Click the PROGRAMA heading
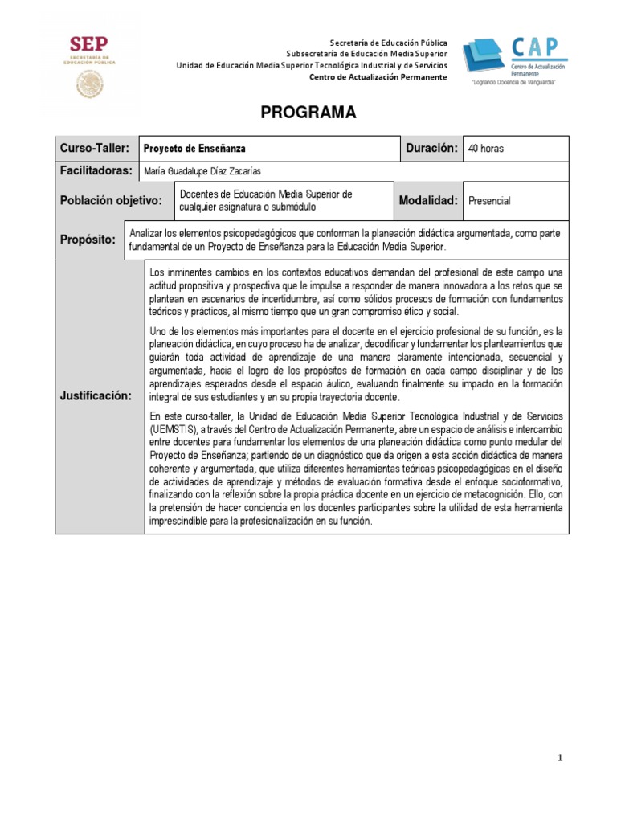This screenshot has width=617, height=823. (x=308, y=113)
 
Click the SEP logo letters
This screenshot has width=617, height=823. (x=88, y=44)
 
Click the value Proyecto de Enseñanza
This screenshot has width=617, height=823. (x=194, y=149)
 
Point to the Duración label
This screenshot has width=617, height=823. (x=431, y=149)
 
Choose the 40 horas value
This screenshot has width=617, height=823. (x=486, y=149)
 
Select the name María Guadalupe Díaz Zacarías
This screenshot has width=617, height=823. (x=202, y=171)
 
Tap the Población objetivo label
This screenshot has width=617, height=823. (x=112, y=201)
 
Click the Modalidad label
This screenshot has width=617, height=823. (x=428, y=201)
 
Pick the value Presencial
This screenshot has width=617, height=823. (x=489, y=202)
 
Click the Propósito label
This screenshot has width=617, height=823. (x=88, y=240)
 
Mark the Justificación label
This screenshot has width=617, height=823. (x=95, y=396)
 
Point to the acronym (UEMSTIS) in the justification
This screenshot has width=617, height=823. (x=178, y=428)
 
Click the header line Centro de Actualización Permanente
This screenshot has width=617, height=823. (x=378, y=76)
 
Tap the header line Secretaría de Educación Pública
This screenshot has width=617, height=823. (x=389, y=43)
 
